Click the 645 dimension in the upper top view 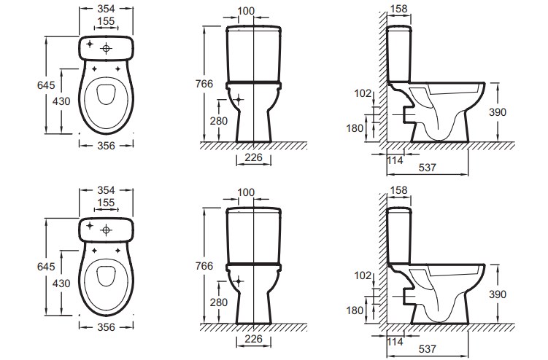(46, 85)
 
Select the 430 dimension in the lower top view (61, 283)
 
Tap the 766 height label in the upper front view (204, 84)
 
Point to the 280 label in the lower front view (219, 302)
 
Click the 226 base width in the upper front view (253, 157)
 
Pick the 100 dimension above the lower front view (246, 192)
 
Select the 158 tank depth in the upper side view (398, 9)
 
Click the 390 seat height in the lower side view (498, 294)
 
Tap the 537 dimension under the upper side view (428, 168)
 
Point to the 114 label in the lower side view (395, 342)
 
